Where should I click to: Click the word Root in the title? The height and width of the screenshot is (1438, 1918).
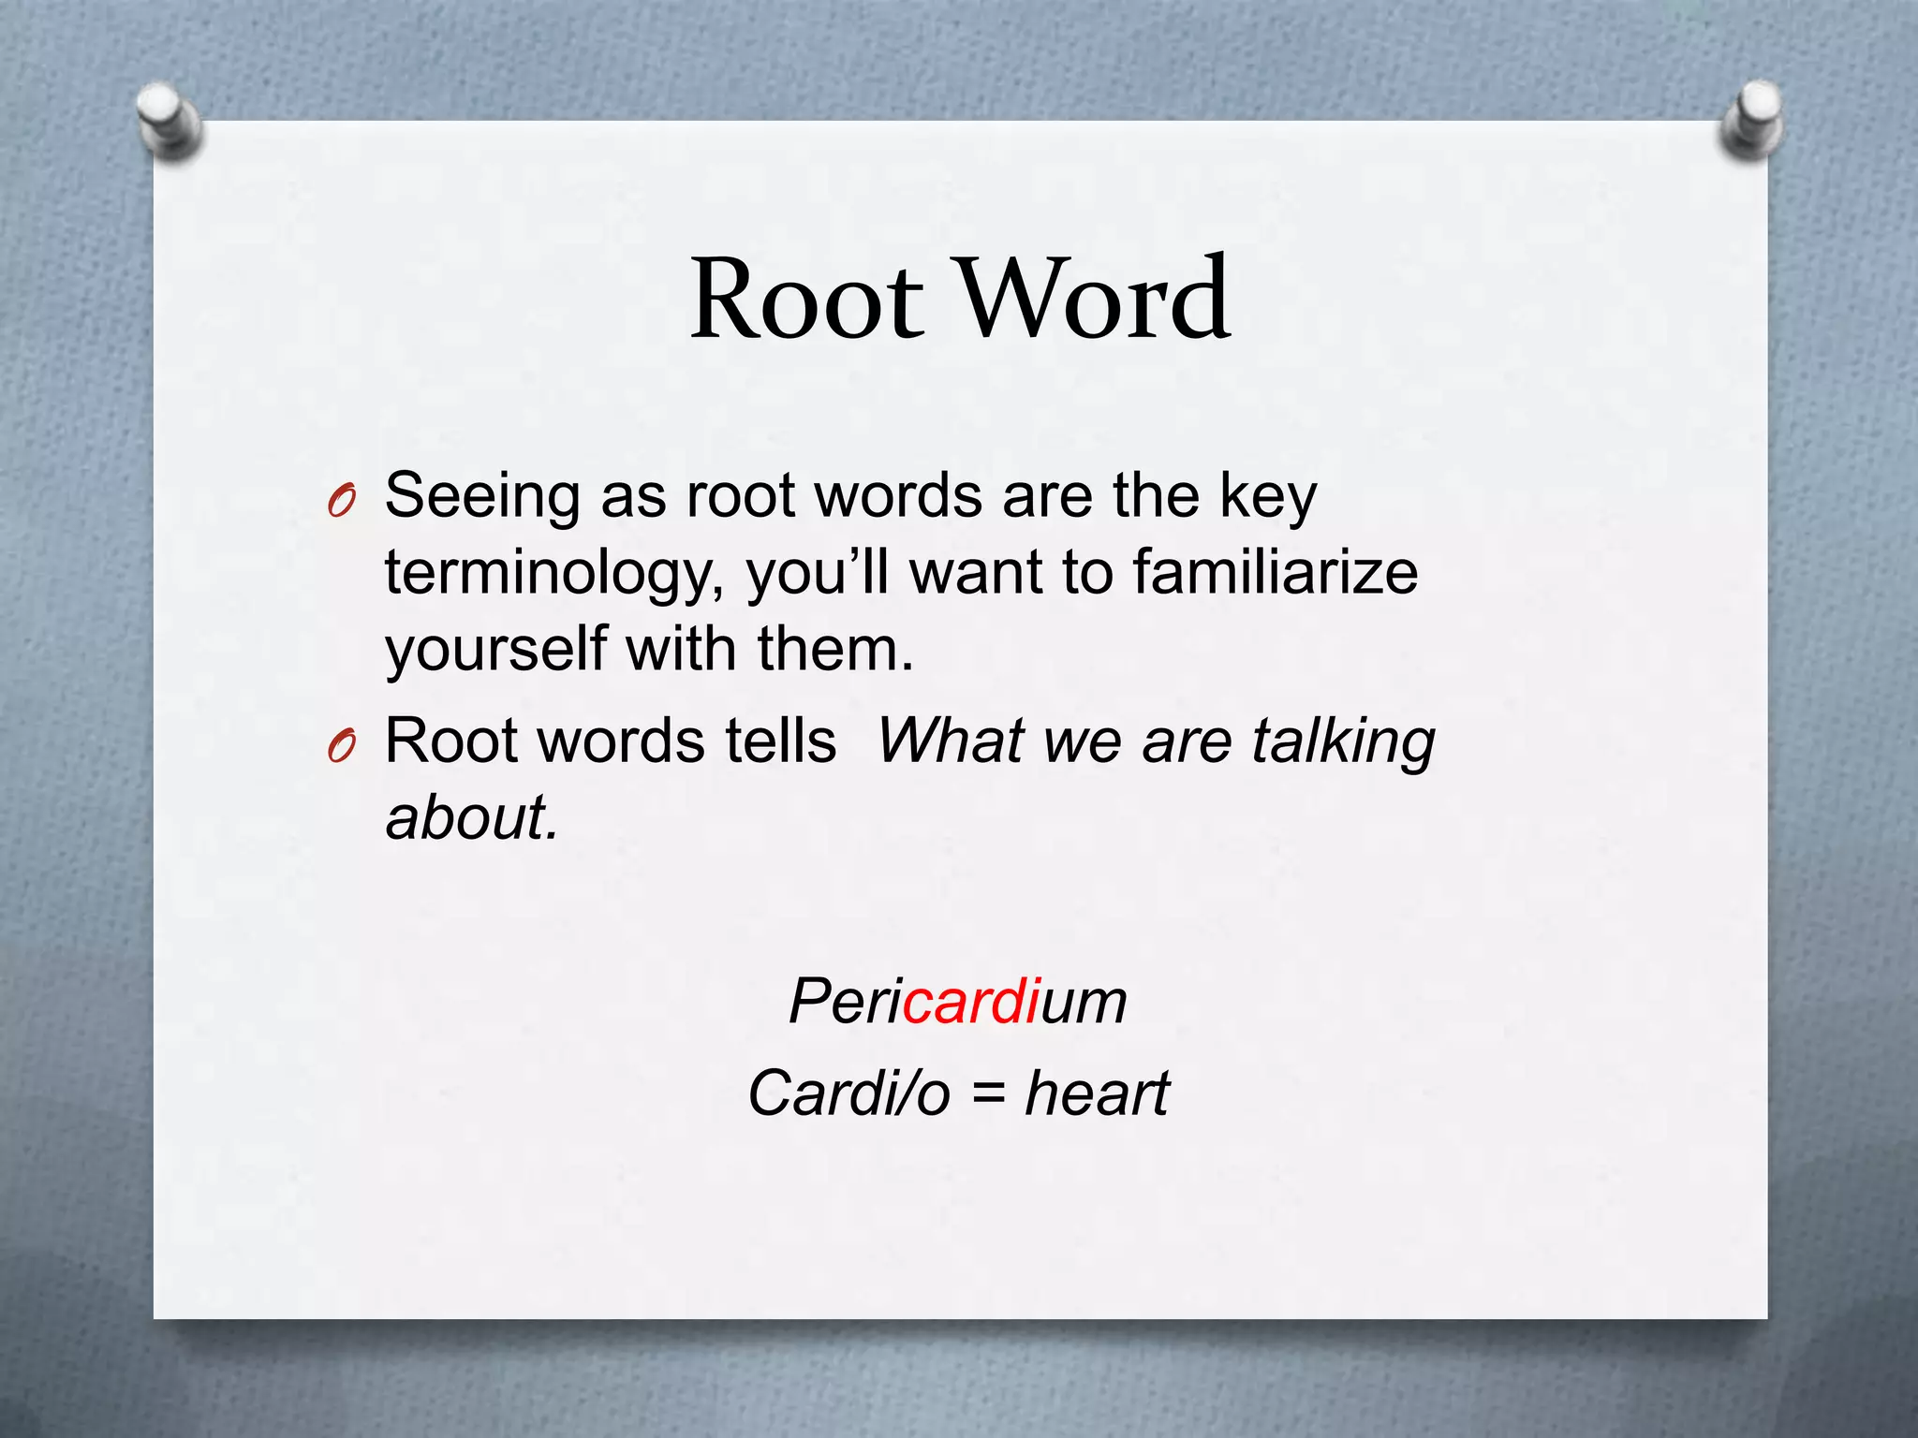[807, 300]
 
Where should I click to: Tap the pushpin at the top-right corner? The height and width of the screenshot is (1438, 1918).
[1752, 119]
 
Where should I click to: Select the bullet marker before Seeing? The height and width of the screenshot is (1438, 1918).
[342, 504]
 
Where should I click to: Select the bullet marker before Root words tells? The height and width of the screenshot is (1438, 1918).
[342, 748]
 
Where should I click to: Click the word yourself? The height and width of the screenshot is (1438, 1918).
[495, 650]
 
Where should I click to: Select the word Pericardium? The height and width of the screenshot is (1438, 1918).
[957, 1002]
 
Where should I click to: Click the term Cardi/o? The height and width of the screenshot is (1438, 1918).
[848, 1093]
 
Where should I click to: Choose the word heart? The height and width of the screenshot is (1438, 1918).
[1097, 1093]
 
